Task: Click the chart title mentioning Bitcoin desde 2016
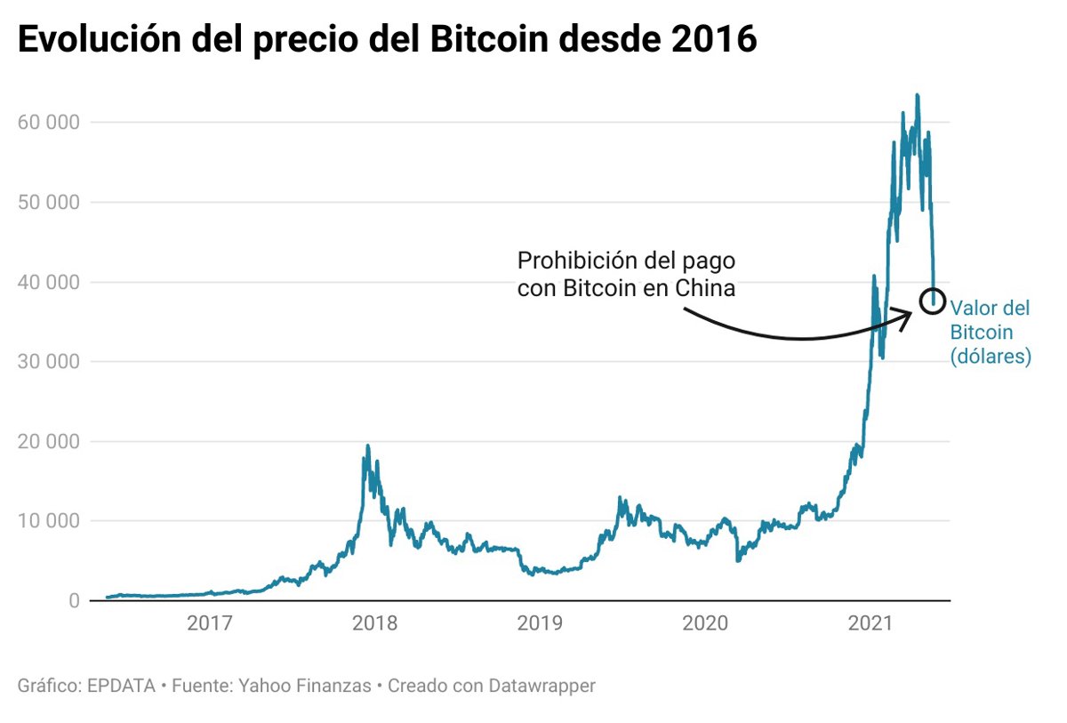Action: [387, 40]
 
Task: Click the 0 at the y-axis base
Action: [73, 601]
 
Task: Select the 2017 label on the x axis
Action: [211, 624]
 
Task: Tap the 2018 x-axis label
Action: [375, 624]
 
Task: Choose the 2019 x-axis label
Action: [540, 624]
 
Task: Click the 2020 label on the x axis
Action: [704, 624]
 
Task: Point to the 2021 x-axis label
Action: [869, 624]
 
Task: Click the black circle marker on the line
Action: [932, 301]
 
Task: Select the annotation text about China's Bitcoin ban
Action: [628, 275]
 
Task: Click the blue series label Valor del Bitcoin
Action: [990, 333]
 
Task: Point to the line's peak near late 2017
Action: [367, 446]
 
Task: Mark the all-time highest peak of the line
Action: [917, 95]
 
